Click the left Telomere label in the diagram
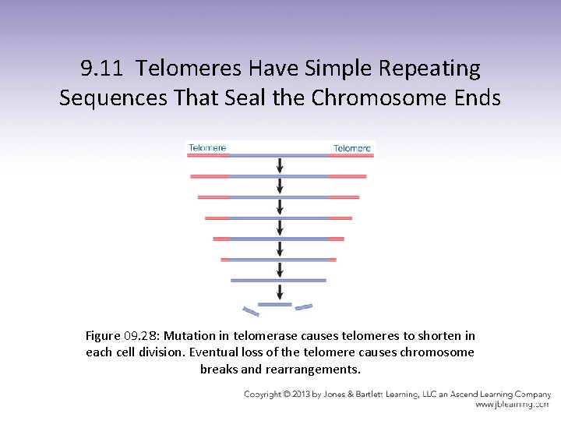207,147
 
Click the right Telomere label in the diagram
352,148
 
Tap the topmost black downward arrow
280,165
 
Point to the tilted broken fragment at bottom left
251,312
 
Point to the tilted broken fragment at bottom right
304,307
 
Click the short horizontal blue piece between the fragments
274,304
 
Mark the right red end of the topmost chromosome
351,156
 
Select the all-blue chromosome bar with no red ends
278,280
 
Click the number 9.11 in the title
102,69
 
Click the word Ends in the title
476,98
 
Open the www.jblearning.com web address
513,405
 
